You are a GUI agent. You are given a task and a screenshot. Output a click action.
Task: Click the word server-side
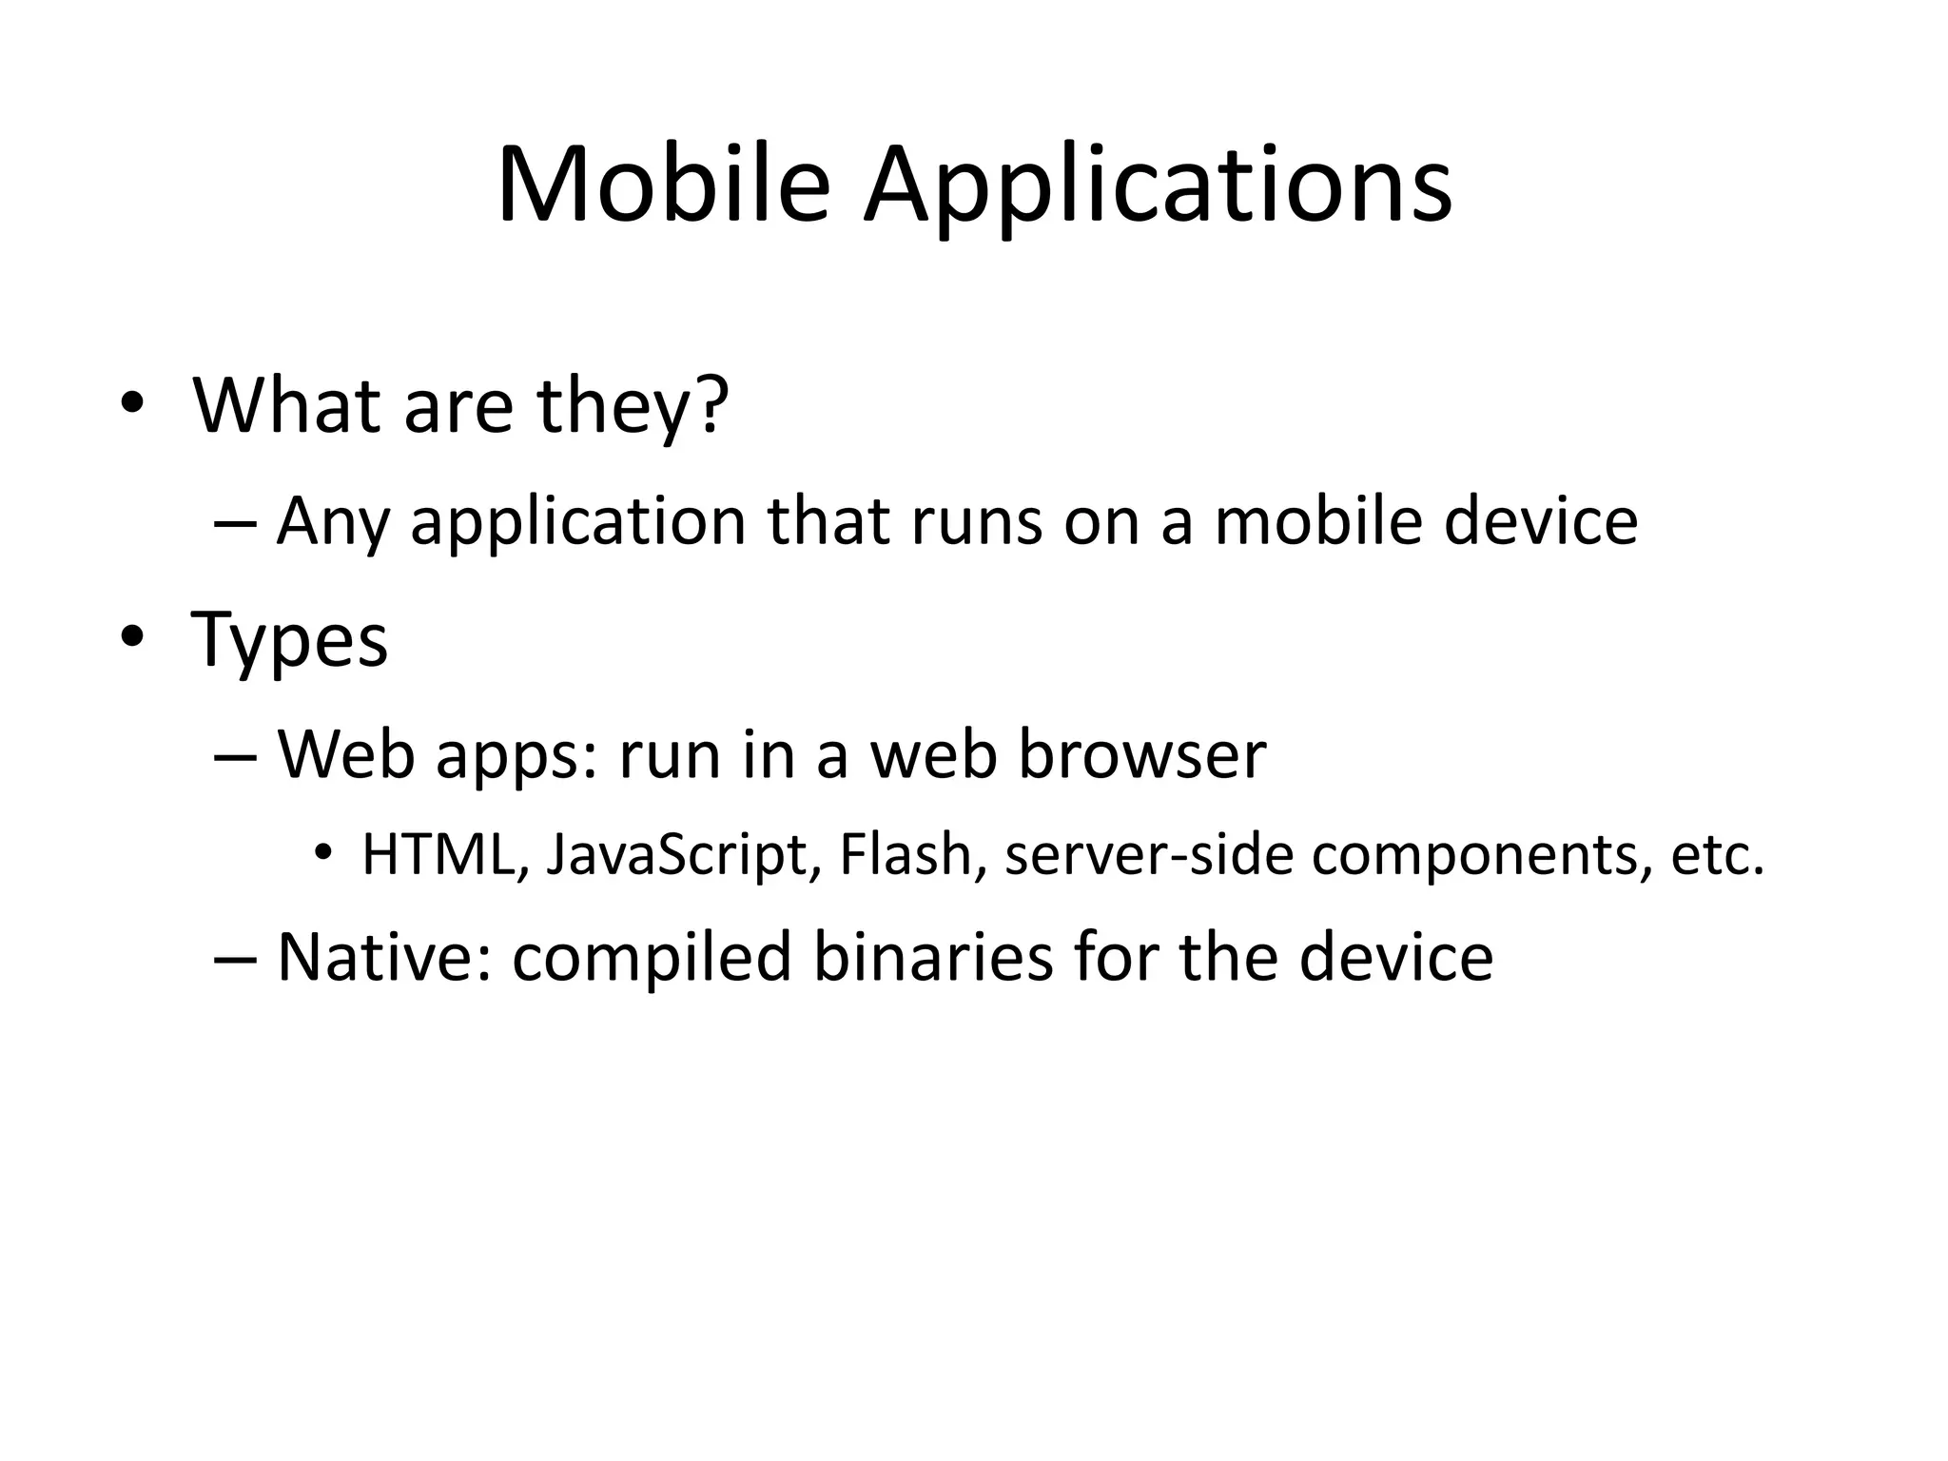click(1148, 854)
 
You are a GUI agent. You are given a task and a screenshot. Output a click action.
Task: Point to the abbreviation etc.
click(1718, 854)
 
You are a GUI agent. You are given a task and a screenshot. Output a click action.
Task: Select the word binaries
click(932, 956)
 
